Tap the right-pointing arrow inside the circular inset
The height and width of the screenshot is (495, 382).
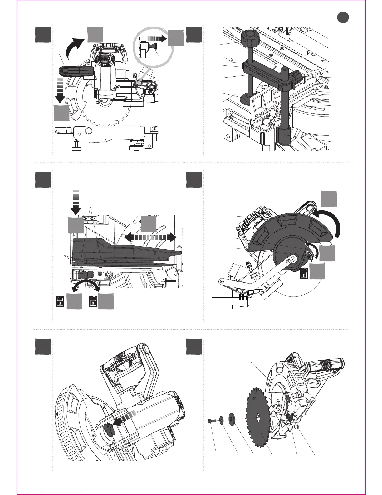pos(157,38)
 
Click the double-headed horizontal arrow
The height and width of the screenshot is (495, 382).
pos(150,237)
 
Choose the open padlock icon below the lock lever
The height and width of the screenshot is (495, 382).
pos(93,302)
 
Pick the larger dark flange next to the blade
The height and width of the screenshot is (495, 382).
pos(232,418)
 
